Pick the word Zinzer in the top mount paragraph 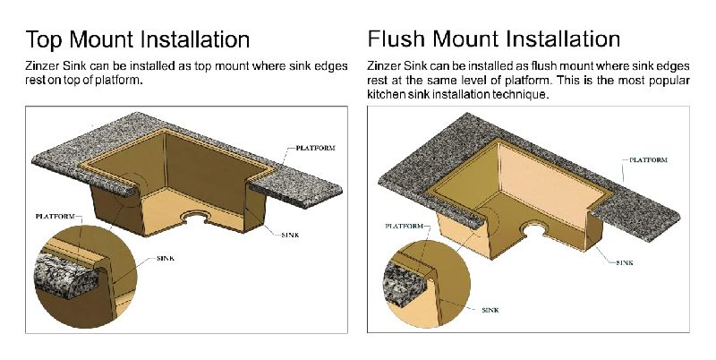coord(42,67)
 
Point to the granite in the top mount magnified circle coord(63,273)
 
